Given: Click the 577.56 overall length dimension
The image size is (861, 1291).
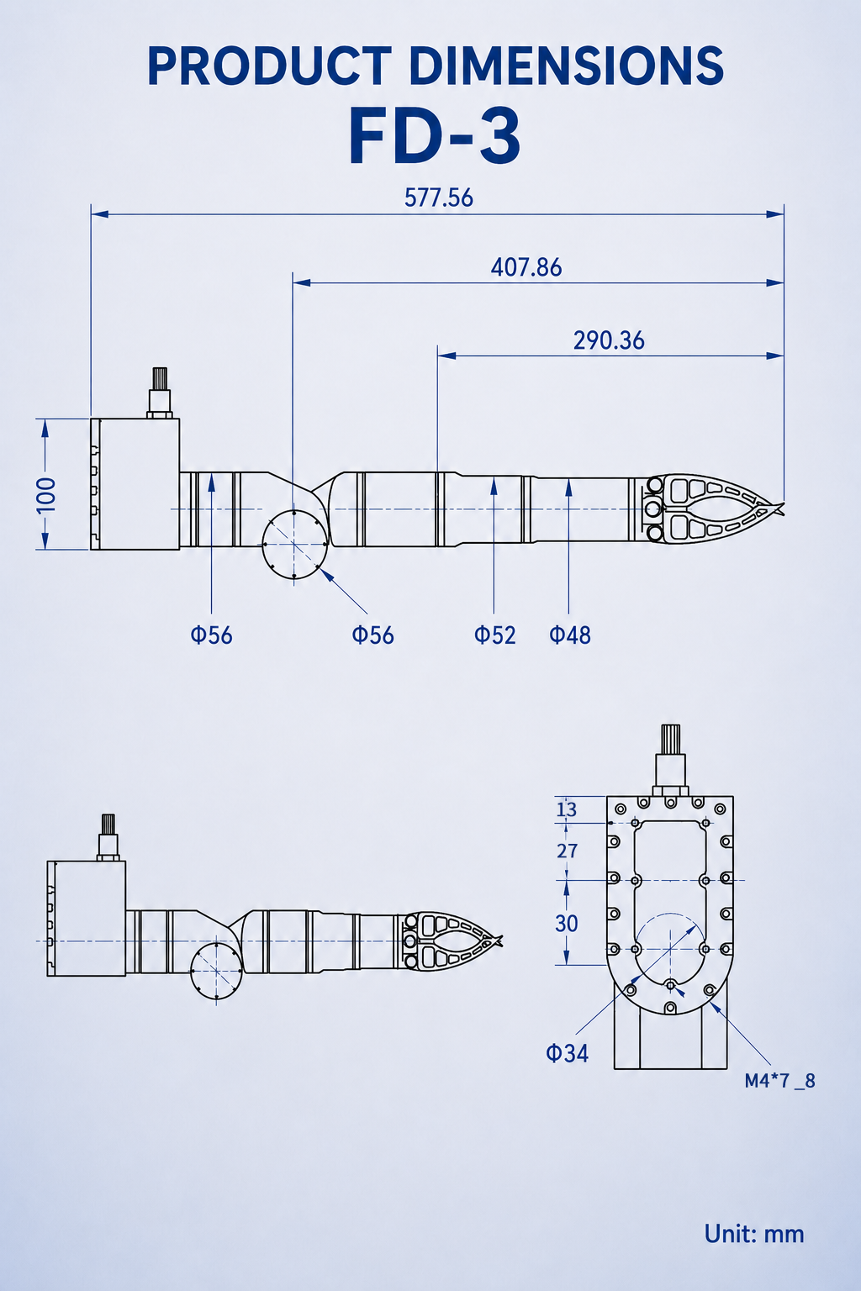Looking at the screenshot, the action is pyautogui.click(x=438, y=198).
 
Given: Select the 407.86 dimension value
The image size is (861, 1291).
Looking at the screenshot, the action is pyautogui.click(x=526, y=267).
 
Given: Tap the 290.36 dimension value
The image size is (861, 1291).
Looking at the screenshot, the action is pyautogui.click(x=609, y=340).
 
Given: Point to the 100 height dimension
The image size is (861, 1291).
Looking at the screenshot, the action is pyautogui.click(x=46, y=494).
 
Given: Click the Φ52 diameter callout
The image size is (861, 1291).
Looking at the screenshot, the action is pyautogui.click(x=494, y=635).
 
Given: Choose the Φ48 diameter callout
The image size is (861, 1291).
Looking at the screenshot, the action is pyautogui.click(x=570, y=635).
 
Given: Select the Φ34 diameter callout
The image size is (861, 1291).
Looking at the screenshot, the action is pyautogui.click(x=567, y=1053).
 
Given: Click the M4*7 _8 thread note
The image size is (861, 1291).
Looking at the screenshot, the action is pyautogui.click(x=779, y=1081).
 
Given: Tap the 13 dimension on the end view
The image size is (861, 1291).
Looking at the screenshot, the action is pyautogui.click(x=567, y=809).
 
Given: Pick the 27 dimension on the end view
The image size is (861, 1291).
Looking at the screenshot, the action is pyautogui.click(x=567, y=851).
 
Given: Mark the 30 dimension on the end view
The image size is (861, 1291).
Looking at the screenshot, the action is pyautogui.click(x=567, y=924).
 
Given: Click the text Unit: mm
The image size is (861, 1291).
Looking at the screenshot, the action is pyautogui.click(x=753, y=1234).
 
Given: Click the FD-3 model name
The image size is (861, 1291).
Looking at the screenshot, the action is pyautogui.click(x=434, y=138).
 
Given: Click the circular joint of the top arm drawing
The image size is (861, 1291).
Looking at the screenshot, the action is pyautogui.click(x=294, y=544).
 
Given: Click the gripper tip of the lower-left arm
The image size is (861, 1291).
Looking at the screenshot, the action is pyautogui.click(x=500, y=940).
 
